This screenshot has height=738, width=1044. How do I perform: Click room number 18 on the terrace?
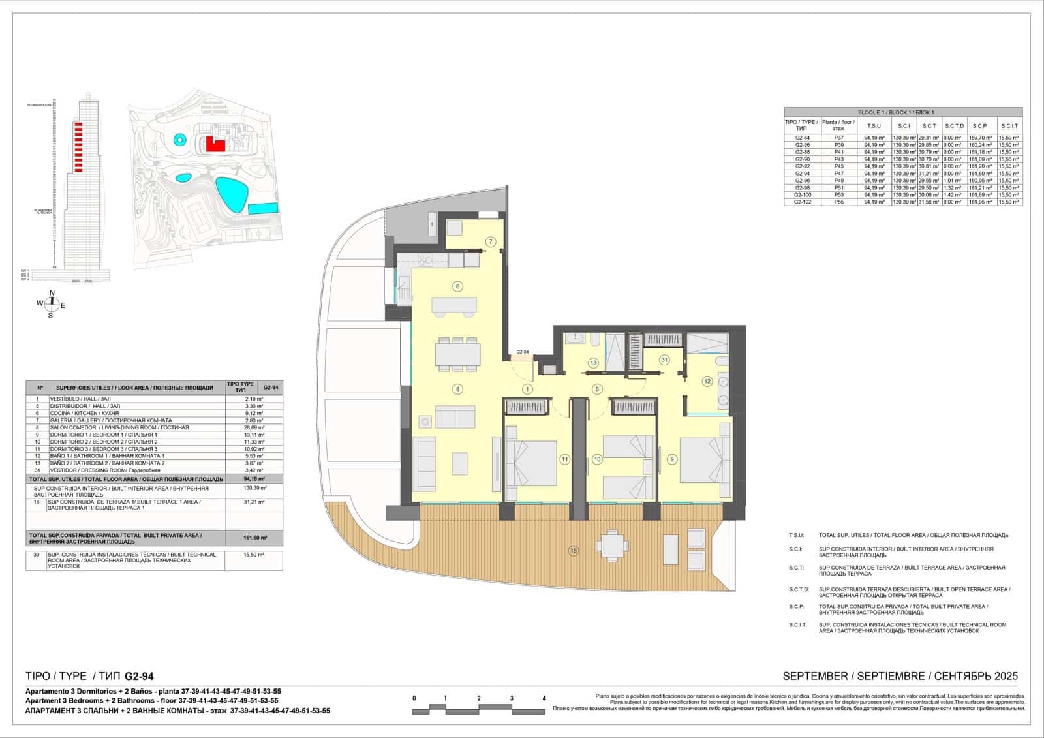pyautogui.click(x=574, y=551)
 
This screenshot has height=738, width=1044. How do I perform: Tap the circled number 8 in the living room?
pyautogui.click(x=458, y=389)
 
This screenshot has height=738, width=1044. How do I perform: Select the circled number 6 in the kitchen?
pyautogui.click(x=458, y=286)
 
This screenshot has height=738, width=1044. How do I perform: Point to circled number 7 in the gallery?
pyautogui.click(x=491, y=242)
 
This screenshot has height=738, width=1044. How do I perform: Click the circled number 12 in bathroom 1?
pyautogui.click(x=707, y=381)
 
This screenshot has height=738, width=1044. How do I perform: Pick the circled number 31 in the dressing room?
pyautogui.click(x=664, y=360)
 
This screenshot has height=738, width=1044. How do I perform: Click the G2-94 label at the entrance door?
pyautogui.click(x=523, y=352)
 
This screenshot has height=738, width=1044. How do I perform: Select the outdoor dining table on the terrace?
pyautogui.click(x=612, y=546)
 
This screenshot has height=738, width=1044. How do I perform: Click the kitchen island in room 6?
pyautogui.click(x=453, y=305)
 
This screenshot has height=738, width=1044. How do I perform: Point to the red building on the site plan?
pyautogui.click(x=215, y=144)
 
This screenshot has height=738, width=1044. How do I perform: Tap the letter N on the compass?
pyautogui.click(x=52, y=293)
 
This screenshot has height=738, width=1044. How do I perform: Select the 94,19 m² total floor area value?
pyautogui.click(x=253, y=478)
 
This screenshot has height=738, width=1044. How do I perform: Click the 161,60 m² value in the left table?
pyautogui.click(x=253, y=538)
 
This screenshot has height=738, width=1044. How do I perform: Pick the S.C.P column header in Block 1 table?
pyautogui.click(x=979, y=126)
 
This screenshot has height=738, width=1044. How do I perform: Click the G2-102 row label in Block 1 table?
pyautogui.click(x=803, y=202)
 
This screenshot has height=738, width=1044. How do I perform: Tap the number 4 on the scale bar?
pyautogui.click(x=544, y=698)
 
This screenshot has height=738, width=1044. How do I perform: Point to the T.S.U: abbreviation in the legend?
pyautogui.click(x=796, y=535)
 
